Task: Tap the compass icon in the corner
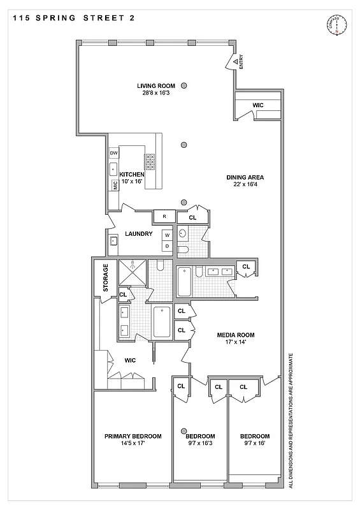tap(335, 25)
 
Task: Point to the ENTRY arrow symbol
tap(234, 61)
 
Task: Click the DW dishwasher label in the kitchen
tap(114, 154)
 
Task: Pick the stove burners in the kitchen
tap(151, 166)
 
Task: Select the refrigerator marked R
tap(164, 217)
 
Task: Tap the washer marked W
tap(167, 235)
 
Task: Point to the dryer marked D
tap(167, 245)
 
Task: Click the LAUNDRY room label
tap(139, 234)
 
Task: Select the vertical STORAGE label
tap(106, 277)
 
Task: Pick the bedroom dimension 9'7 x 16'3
tap(200, 443)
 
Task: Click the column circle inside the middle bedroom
tap(184, 430)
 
